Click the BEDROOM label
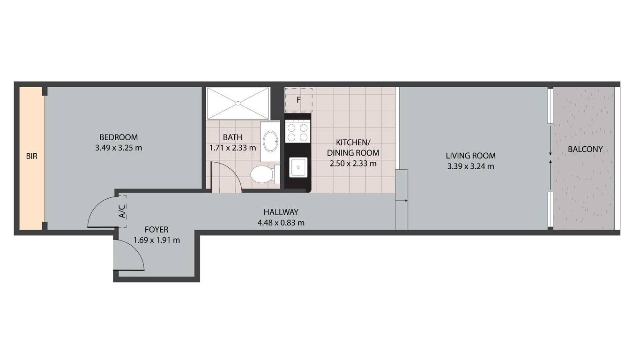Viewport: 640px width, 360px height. [119, 137]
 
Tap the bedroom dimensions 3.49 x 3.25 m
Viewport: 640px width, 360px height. [119, 148]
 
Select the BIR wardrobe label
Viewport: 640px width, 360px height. [32, 157]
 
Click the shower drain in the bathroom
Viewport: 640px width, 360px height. [238, 103]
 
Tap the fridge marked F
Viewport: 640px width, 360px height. [298, 100]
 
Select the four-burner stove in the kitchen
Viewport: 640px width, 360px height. [298, 132]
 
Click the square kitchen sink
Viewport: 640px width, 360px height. [298, 167]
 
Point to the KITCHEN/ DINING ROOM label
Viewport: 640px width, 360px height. [353, 148]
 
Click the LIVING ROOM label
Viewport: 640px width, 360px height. [470, 156]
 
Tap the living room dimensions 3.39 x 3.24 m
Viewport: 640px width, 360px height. [470, 166]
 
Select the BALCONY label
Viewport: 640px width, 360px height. [585, 149]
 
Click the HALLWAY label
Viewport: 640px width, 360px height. [281, 212]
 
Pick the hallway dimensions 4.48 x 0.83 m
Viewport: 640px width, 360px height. [281, 223]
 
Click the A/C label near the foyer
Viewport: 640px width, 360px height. [122, 211]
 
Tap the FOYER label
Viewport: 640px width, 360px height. [156, 230]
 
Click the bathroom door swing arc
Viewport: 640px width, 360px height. [231, 171]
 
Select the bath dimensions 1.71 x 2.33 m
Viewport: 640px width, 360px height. [232, 148]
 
